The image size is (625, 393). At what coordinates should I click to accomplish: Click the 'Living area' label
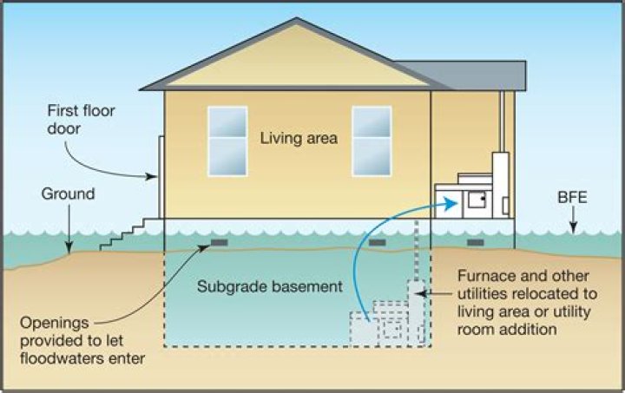(299, 139)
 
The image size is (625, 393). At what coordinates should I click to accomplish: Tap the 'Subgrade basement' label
(270, 286)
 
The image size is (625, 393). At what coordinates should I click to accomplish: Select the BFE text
(572, 198)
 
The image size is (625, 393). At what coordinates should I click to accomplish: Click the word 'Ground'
(69, 194)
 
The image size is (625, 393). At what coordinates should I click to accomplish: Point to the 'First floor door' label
(81, 119)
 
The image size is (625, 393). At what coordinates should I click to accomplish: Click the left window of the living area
(227, 141)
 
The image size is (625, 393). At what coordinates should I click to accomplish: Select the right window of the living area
(372, 141)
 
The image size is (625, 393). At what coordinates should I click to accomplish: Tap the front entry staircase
(132, 234)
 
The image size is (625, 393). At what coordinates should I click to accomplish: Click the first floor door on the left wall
(161, 177)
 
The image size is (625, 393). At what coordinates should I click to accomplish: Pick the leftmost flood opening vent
(220, 243)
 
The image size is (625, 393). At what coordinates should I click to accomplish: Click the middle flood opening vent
(377, 243)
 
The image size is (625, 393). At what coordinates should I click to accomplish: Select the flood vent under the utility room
(475, 243)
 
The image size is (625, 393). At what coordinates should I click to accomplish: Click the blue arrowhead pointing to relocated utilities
(451, 204)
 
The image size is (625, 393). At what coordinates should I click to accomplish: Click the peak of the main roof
(297, 18)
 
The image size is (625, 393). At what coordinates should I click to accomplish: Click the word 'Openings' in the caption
(54, 323)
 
